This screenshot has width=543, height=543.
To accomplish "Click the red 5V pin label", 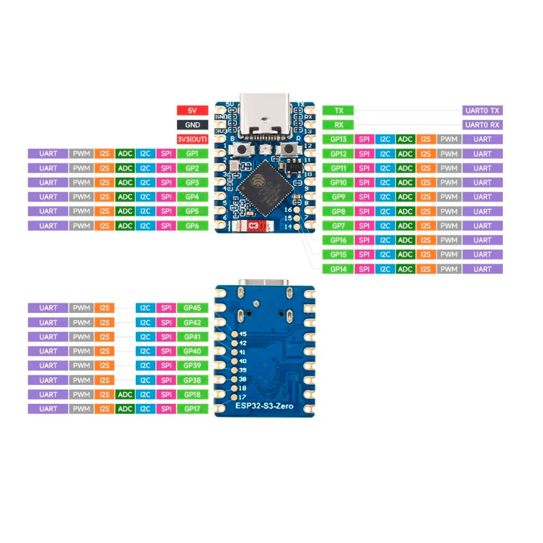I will [192, 110].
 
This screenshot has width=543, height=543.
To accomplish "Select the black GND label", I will [192, 125].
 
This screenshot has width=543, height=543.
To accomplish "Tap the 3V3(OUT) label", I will [192, 139].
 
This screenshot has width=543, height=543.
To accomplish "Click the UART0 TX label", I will [483, 111].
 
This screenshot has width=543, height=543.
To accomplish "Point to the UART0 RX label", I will [483, 125].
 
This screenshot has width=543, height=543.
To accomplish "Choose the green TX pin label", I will [338, 111].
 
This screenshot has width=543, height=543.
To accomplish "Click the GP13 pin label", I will [338, 139].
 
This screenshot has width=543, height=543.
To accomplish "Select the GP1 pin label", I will [192, 153].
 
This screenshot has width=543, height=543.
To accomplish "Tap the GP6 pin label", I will [192, 225].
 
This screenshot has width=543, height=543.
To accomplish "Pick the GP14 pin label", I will [338, 269].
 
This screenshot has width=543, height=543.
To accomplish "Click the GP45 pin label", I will [192, 308].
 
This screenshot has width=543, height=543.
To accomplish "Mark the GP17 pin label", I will [192, 409].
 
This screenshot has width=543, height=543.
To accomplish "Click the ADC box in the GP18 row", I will [125, 394].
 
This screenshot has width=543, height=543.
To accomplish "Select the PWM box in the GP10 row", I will [447, 183].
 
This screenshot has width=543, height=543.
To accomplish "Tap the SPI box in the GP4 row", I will [166, 197].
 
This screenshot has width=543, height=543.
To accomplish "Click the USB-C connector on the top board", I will [266, 117].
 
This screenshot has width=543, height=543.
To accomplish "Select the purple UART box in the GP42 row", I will [48, 322].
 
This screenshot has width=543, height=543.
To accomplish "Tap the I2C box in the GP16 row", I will [385, 240].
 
